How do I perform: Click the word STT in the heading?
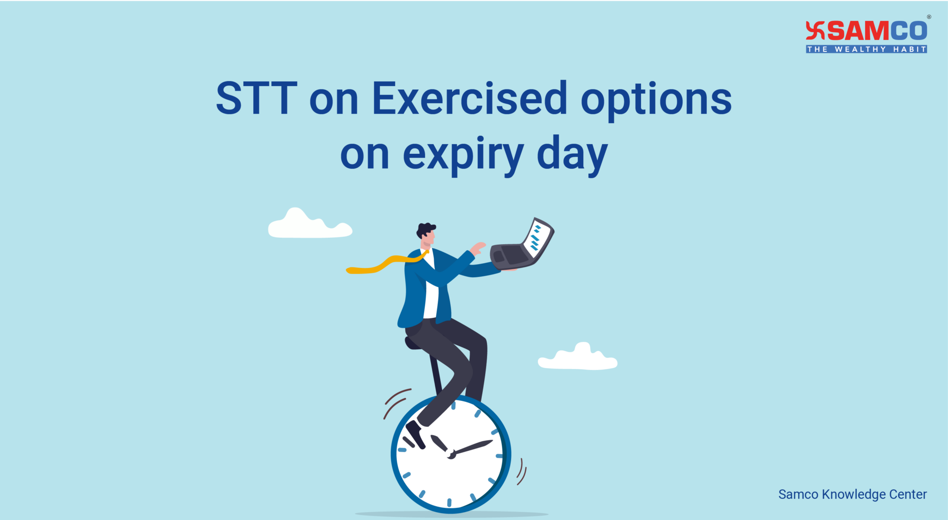click(256, 98)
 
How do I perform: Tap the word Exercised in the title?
click(469, 98)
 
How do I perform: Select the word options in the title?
click(656, 101)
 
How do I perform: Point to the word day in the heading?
click(572, 156)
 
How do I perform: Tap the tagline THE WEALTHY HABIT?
click(866, 49)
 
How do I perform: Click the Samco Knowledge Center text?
click(852, 495)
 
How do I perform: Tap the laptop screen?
click(538, 237)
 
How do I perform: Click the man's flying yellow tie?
click(384, 264)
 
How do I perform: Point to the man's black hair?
click(425, 229)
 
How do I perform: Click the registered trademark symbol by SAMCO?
click(929, 17)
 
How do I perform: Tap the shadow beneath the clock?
click(451, 514)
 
